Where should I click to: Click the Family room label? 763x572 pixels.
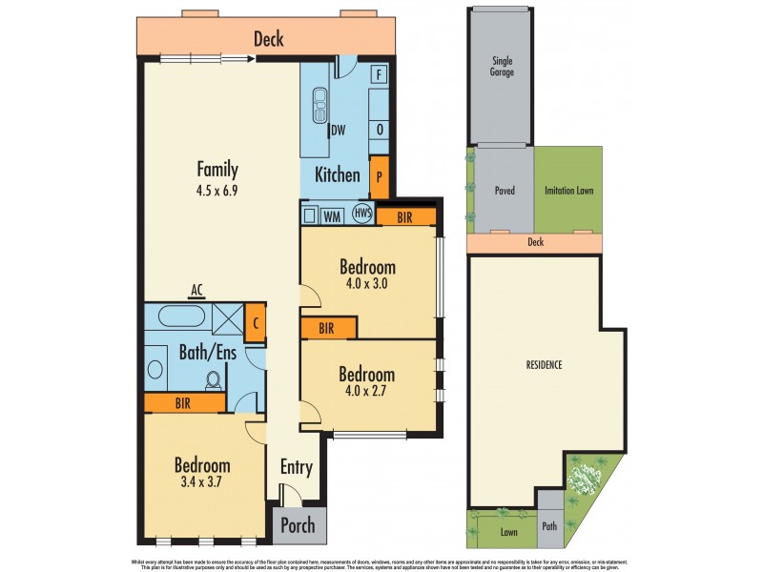(217, 170)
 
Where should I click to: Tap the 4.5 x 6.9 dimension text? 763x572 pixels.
(217, 189)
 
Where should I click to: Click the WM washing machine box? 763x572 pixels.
(332, 216)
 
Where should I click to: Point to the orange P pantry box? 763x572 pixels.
(380, 177)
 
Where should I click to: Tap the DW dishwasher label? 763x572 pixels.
(338, 131)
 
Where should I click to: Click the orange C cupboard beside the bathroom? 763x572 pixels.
(256, 322)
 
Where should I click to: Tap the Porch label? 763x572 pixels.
(297, 526)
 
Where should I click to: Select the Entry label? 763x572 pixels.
(296, 467)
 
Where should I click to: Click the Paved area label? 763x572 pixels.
(505, 191)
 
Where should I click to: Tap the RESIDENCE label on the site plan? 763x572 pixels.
(544, 365)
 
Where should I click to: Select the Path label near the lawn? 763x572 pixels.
(549, 524)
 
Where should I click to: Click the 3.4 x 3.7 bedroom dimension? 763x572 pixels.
(202, 484)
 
